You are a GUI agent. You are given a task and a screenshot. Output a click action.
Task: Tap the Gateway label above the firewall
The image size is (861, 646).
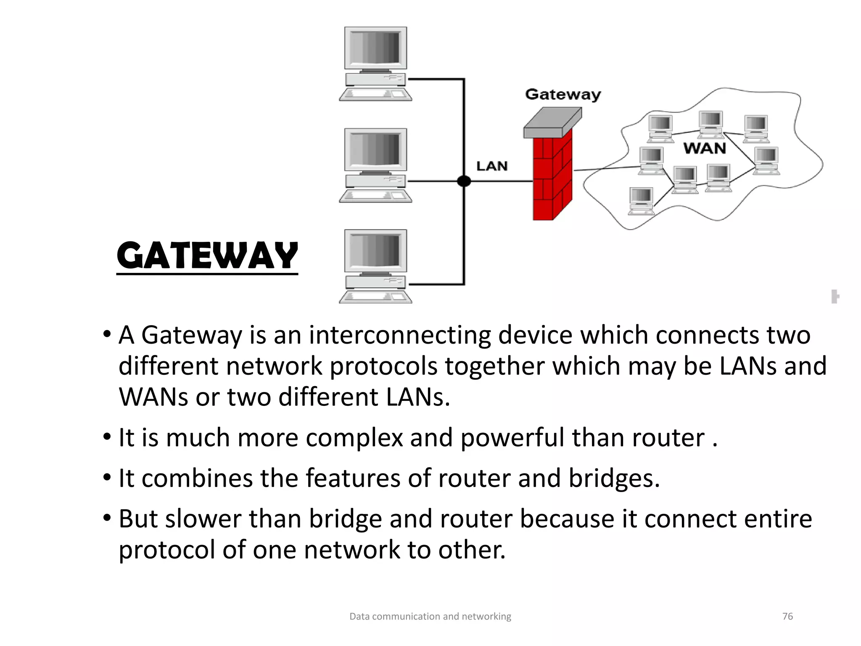click(563, 94)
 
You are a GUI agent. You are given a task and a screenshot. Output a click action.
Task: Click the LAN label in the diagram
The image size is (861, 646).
click(492, 166)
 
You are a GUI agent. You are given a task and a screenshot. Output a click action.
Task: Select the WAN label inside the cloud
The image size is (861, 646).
click(705, 148)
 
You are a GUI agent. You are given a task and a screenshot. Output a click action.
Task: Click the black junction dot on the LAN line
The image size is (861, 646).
click(464, 181)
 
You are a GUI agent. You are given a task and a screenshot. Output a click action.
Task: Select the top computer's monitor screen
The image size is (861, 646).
click(375, 48)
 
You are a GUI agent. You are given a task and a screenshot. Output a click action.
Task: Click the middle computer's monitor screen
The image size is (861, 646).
click(375, 149)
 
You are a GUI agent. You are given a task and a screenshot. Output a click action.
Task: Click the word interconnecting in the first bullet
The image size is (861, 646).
click(400, 335)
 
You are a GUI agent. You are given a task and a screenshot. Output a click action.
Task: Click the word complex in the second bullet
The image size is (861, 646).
click(354, 438)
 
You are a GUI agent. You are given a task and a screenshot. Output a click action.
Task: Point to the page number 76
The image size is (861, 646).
click(787, 616)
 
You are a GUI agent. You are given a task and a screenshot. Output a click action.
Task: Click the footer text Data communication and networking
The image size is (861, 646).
click(430, 616)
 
